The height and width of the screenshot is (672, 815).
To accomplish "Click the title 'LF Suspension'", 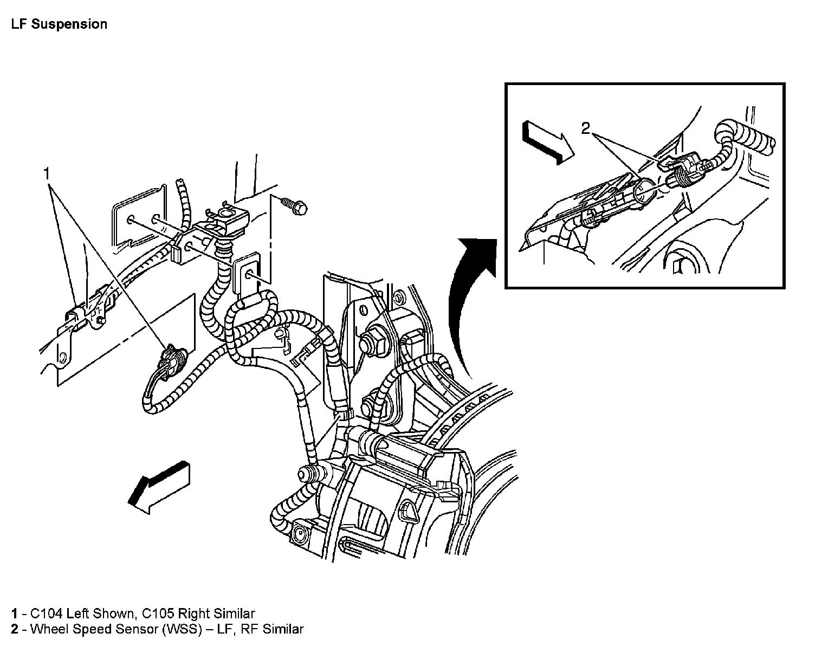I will click(x=59, y=24).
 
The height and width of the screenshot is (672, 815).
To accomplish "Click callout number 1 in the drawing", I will click(x=47, y=173).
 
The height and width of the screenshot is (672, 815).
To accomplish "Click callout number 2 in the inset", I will click(x=585, y=128).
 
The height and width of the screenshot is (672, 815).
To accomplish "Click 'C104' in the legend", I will click(x=47, y=613).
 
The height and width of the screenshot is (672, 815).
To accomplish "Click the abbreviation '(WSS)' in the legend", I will click(x=179, y=629).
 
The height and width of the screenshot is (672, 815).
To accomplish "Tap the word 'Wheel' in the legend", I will click(x=47, y=629).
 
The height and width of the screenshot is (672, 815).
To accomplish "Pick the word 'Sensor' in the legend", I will click(x=136, y=629).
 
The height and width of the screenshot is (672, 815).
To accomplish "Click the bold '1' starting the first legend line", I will click(x=14, y=613).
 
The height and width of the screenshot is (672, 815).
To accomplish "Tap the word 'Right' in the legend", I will click(x=194, y=613).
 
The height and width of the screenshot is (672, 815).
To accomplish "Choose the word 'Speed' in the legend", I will click(x=90, y=629).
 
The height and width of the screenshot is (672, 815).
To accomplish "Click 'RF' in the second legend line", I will click(x=250, y=629).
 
